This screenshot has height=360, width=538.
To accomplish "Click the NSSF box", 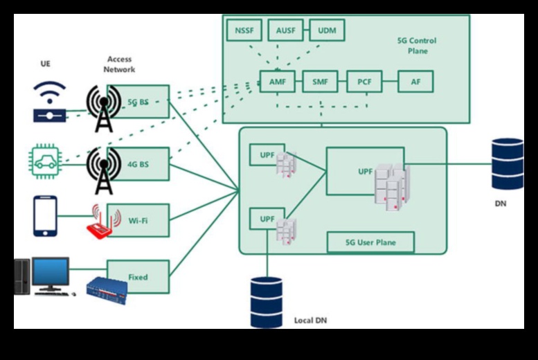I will click(244, 30).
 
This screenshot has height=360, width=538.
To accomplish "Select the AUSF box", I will click(285, 30).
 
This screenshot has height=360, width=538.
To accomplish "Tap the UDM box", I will click(326, 30).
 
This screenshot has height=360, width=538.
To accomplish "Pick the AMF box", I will click(278, 82).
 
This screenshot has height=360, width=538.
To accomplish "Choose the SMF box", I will click(320, 82).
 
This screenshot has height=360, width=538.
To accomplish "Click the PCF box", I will click(364, 82).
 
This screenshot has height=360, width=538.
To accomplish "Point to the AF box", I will click(415, 82).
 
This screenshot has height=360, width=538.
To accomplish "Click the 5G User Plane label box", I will click(370, 242).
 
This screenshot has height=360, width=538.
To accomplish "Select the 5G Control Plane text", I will click(417, 46).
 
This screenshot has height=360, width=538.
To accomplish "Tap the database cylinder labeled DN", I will click(508, 164).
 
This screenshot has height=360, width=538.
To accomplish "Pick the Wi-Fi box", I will click(138, 220).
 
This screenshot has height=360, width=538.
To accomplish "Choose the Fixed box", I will click(138, 277).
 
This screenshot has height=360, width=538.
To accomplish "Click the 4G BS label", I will click(138, 164).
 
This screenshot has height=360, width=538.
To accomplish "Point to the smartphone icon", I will click(45, 215).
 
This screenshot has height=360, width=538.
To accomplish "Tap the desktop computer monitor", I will click(51, 273).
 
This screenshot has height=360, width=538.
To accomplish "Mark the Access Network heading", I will click(120, 64).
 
